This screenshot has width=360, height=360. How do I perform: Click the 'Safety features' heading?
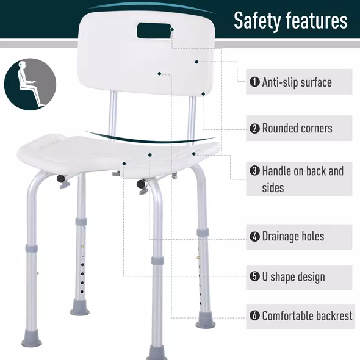(x=290, y=21)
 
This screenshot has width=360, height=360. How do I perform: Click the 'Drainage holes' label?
(x=293, y=237)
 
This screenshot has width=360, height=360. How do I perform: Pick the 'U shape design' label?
(x=293, y=277)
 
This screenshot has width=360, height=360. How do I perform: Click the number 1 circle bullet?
(x=254, y=82)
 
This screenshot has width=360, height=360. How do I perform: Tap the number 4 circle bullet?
(x=254, y=237)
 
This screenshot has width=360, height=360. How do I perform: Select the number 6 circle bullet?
(x=254, y=316)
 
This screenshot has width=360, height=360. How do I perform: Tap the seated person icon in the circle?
(x=30, y=83)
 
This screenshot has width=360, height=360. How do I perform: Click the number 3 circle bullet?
(x=254, y=171)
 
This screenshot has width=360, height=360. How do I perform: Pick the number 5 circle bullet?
(x=254, y=277)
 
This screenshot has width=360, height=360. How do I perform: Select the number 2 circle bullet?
(x=254, y=129)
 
